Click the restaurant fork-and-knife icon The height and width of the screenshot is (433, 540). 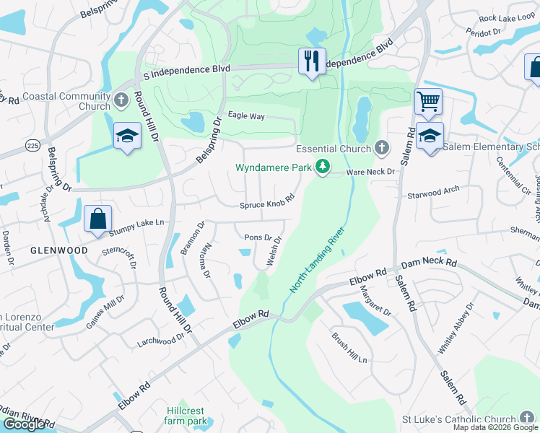[312, 61]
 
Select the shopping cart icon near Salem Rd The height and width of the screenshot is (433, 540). [428, 102]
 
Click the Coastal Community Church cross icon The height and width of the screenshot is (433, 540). [121, 98]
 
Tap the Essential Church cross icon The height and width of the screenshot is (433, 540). [382, 149]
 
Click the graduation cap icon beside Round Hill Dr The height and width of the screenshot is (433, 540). [126, 135]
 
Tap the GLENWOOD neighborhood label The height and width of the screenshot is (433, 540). [59, 250]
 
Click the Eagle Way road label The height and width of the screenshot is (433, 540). [246, 115]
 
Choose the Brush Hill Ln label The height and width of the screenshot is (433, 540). [350, 349]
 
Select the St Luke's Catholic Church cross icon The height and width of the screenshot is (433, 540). [528, 419]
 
